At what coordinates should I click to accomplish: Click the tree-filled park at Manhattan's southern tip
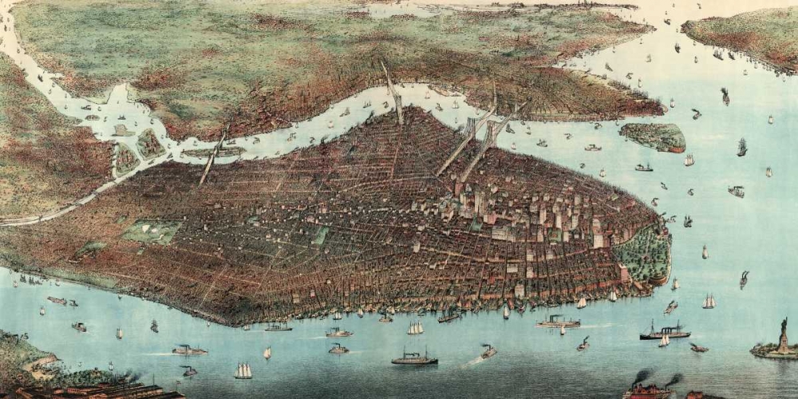642,254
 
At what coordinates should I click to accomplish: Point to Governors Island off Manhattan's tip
653,136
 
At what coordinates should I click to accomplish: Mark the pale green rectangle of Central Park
152,231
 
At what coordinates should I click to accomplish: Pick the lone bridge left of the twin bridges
393,96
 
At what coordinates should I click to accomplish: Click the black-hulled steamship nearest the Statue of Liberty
664,334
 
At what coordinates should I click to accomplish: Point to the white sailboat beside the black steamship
664,342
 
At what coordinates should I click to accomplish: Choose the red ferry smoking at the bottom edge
648,389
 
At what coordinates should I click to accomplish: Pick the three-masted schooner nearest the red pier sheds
243,371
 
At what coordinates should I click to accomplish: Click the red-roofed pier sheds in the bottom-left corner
96,391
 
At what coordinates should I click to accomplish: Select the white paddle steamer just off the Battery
558,322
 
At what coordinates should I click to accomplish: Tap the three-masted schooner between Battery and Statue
708,302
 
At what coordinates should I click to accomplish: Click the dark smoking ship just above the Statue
743,279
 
